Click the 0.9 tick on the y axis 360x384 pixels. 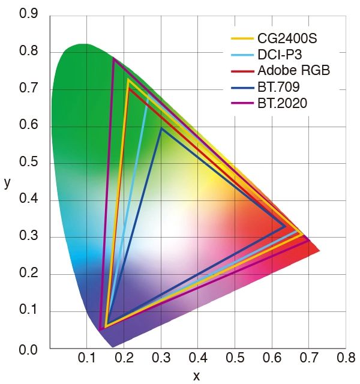click(29, 14)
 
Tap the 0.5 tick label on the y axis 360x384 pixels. click(29, 163)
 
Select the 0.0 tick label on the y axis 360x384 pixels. click(29, 349)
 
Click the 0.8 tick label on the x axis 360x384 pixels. click(345, 358)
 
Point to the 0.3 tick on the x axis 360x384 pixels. click(161, 358)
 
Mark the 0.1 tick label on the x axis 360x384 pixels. click(87, 358)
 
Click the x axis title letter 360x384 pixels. click(196, 376)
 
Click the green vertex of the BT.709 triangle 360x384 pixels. click(161, 128)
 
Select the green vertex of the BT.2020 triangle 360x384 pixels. click(113, 58)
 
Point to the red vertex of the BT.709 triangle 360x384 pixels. click(286, 226)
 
